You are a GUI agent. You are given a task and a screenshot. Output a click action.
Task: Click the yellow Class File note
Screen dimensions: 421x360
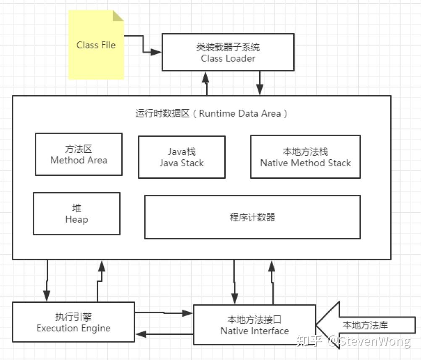pyautogui.click(x=96, y=45)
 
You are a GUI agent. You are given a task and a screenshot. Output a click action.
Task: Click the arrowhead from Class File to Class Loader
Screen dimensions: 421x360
pyautogui.click(x=156, y=52)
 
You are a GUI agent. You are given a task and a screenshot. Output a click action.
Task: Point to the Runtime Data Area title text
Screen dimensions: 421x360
pyautogui.click(x=211, y=114)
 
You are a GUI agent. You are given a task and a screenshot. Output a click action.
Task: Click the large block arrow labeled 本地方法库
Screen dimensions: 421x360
pyautogui.click(x=365, y=325)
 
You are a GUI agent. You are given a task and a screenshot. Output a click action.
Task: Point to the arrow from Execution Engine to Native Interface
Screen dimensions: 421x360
pyautogui.click(x=164, y=313)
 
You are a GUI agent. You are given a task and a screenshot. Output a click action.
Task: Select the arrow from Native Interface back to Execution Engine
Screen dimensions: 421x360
pyautogui.click(x=164, y=334)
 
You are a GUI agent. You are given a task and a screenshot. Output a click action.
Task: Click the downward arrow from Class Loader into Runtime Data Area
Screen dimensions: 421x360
pyautogui.click(x=260, y=83)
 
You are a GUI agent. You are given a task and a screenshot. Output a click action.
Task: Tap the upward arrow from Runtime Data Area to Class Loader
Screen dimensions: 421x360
pyautogui.click(x=206, y=83)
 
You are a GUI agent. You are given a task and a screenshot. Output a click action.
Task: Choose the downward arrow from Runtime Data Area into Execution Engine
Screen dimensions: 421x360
pyautogui.click(x=47, y=281)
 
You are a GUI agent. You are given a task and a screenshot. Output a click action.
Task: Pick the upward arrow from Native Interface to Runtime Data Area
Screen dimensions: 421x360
pyautogui.click(x=272, y=282)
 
